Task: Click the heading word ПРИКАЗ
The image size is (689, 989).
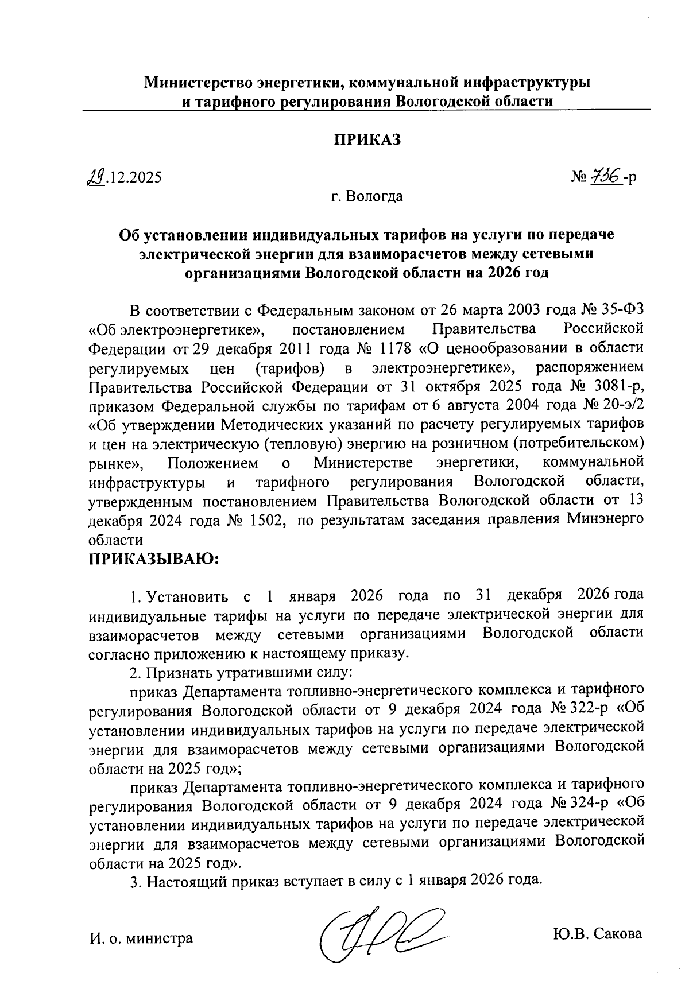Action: [367, 140]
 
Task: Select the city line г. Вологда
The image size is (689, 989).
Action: [367, 197]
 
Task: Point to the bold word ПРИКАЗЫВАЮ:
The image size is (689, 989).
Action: [154, 559]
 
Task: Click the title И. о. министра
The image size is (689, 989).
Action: [141, 938]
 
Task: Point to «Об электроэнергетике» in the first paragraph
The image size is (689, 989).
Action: [176, 330]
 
